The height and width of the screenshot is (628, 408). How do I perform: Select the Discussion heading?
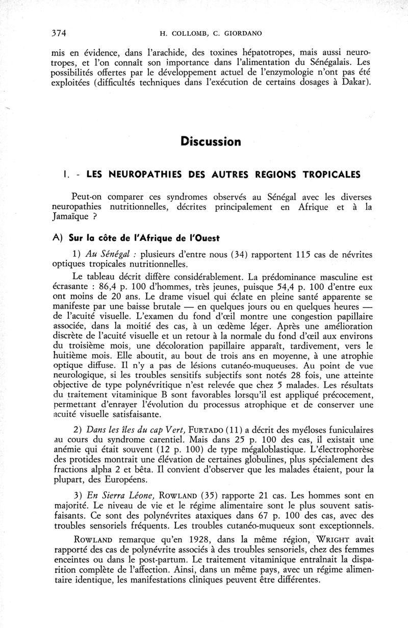tap(210, 141)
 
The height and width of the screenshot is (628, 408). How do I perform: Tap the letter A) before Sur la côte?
tap(58, 239)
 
